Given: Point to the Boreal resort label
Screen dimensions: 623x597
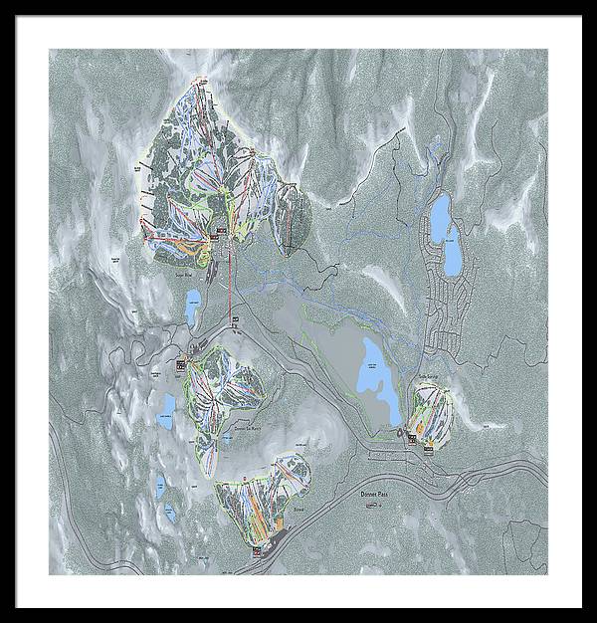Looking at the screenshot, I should point(298,508).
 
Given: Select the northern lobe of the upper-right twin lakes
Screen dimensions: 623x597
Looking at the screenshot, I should point(439,211).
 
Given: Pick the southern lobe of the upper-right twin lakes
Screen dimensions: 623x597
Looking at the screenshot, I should point(453,253).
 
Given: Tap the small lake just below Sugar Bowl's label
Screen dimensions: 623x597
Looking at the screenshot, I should point(191,307).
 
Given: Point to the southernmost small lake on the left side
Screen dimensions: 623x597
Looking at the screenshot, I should point(169,515).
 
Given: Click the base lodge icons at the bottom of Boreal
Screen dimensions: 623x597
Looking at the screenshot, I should point(259,549).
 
